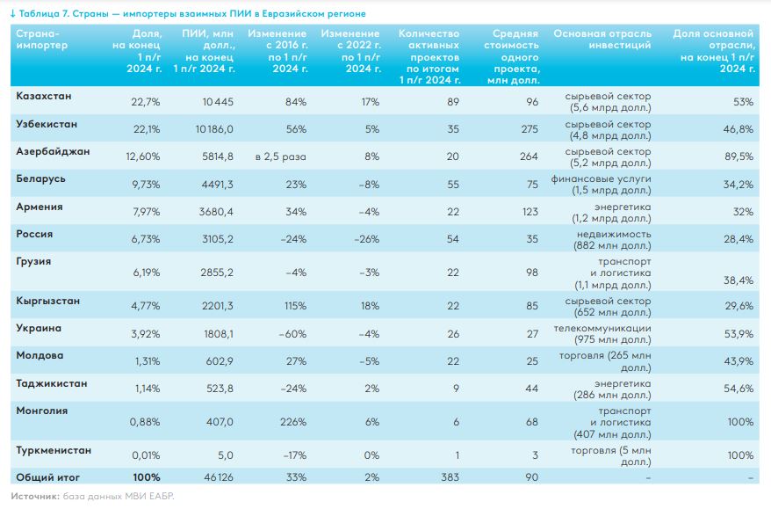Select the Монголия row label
[x=42, y=410]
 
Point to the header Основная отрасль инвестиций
[x=602, y=39]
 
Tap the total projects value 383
[x=450, y=477]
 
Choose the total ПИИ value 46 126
[x=218, y=477]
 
